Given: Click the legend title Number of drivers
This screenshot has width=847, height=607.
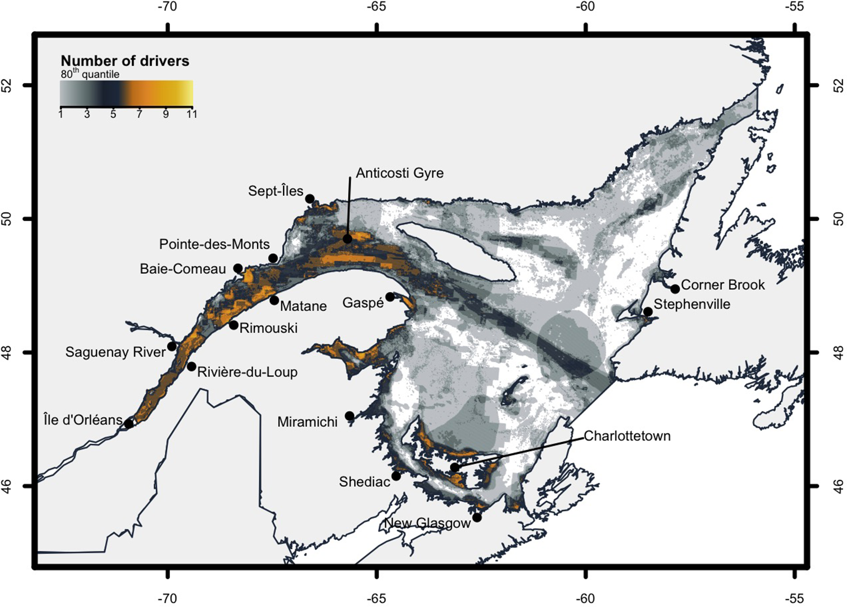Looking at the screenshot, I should coord(125,61).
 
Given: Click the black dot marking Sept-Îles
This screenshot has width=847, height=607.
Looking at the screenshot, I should coord(310,198).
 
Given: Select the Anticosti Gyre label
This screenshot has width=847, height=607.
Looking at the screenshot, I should coord(399,173).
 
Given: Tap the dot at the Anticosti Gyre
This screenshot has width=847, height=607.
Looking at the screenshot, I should coord(347,239).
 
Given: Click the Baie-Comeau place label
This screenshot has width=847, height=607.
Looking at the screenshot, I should coord(183,269).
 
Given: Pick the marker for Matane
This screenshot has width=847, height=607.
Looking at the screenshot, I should coord(274,300).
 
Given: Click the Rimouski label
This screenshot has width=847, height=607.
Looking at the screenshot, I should coord(268,328).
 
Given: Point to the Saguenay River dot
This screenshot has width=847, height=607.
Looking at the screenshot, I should coord(172,346).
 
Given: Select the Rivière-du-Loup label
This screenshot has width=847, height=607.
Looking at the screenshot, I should coord(247,372).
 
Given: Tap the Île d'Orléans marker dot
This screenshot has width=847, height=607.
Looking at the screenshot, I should coord(129,423).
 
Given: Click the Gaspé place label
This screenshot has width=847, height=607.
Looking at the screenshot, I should coord(363,303).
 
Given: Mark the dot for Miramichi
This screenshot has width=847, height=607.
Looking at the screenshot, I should coord(350,416).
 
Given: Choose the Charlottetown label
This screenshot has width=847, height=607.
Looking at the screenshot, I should coord(627,436).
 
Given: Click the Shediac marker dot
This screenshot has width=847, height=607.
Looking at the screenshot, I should coord(396,476).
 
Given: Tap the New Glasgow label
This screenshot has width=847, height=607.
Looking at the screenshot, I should coord(427,523).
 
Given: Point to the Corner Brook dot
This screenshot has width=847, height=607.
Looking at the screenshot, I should coord(675,289).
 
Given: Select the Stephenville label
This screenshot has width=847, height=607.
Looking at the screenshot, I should coord(692,304).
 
